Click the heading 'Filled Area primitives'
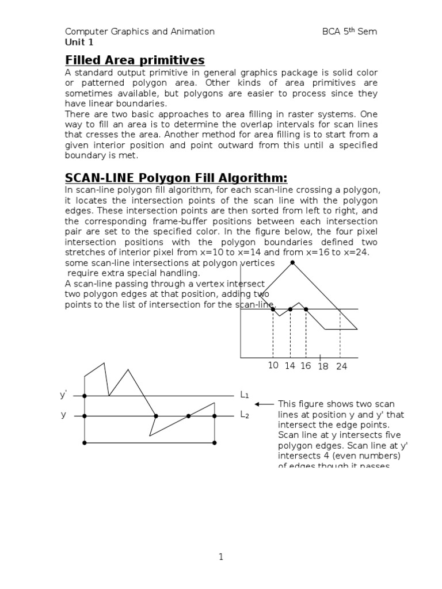[x=135, y=60]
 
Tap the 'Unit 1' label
[x=78, y=42]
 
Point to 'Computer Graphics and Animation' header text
[x=139, y=32]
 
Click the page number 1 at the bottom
[x=220, y=557]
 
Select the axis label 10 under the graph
[x=273, y=366]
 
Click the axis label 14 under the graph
[x=289, y=366]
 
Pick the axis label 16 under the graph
[x=305, y=366]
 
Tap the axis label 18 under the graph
[x=322, y=367]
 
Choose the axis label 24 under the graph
[x=341, y=367]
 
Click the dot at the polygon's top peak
[x=293, y=263]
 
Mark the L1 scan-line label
[x=245, y=395]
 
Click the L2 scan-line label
[x=245, y=415]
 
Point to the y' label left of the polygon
[x=63, y=395]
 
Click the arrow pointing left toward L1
[x=264, y=404]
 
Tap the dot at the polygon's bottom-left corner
[x=85, y=443]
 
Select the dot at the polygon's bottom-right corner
[x=215, y=443]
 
